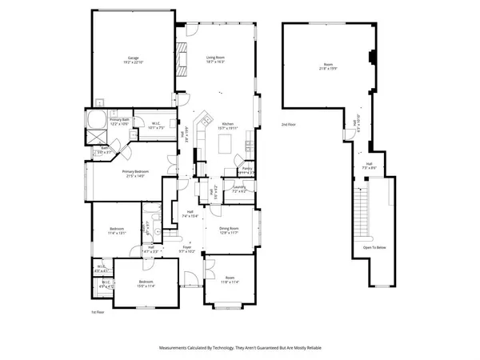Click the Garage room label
pos(132,60)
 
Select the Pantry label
pos(248,170)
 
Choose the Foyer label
pos(186,249)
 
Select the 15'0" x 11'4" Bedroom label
pos(145,282)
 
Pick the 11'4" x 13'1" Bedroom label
pos(118,231)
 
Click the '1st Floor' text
pos(97,311)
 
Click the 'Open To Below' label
pos(374,247)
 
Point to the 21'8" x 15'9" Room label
pos(328,66)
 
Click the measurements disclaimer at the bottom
pos(240,348)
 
